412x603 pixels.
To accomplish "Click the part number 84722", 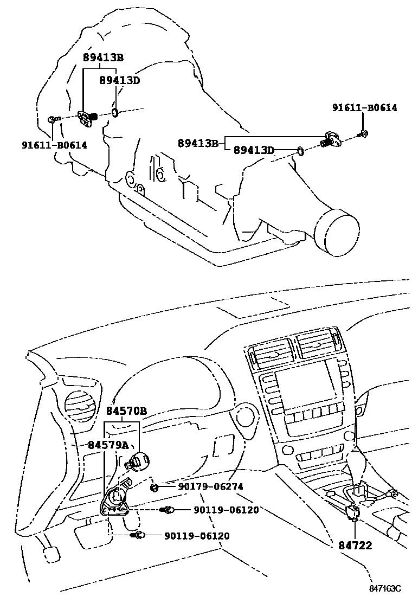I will tap(355, 545).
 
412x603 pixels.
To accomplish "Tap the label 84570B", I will tap(126, 411).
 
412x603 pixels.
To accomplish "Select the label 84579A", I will tap(108, 445).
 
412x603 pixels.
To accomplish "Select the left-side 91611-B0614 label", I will tap(54, 145).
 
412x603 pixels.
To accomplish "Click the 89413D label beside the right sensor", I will tap(254, 150).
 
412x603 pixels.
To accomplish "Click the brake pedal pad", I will tap(50, 555).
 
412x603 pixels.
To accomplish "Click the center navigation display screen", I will tap(301, 389).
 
